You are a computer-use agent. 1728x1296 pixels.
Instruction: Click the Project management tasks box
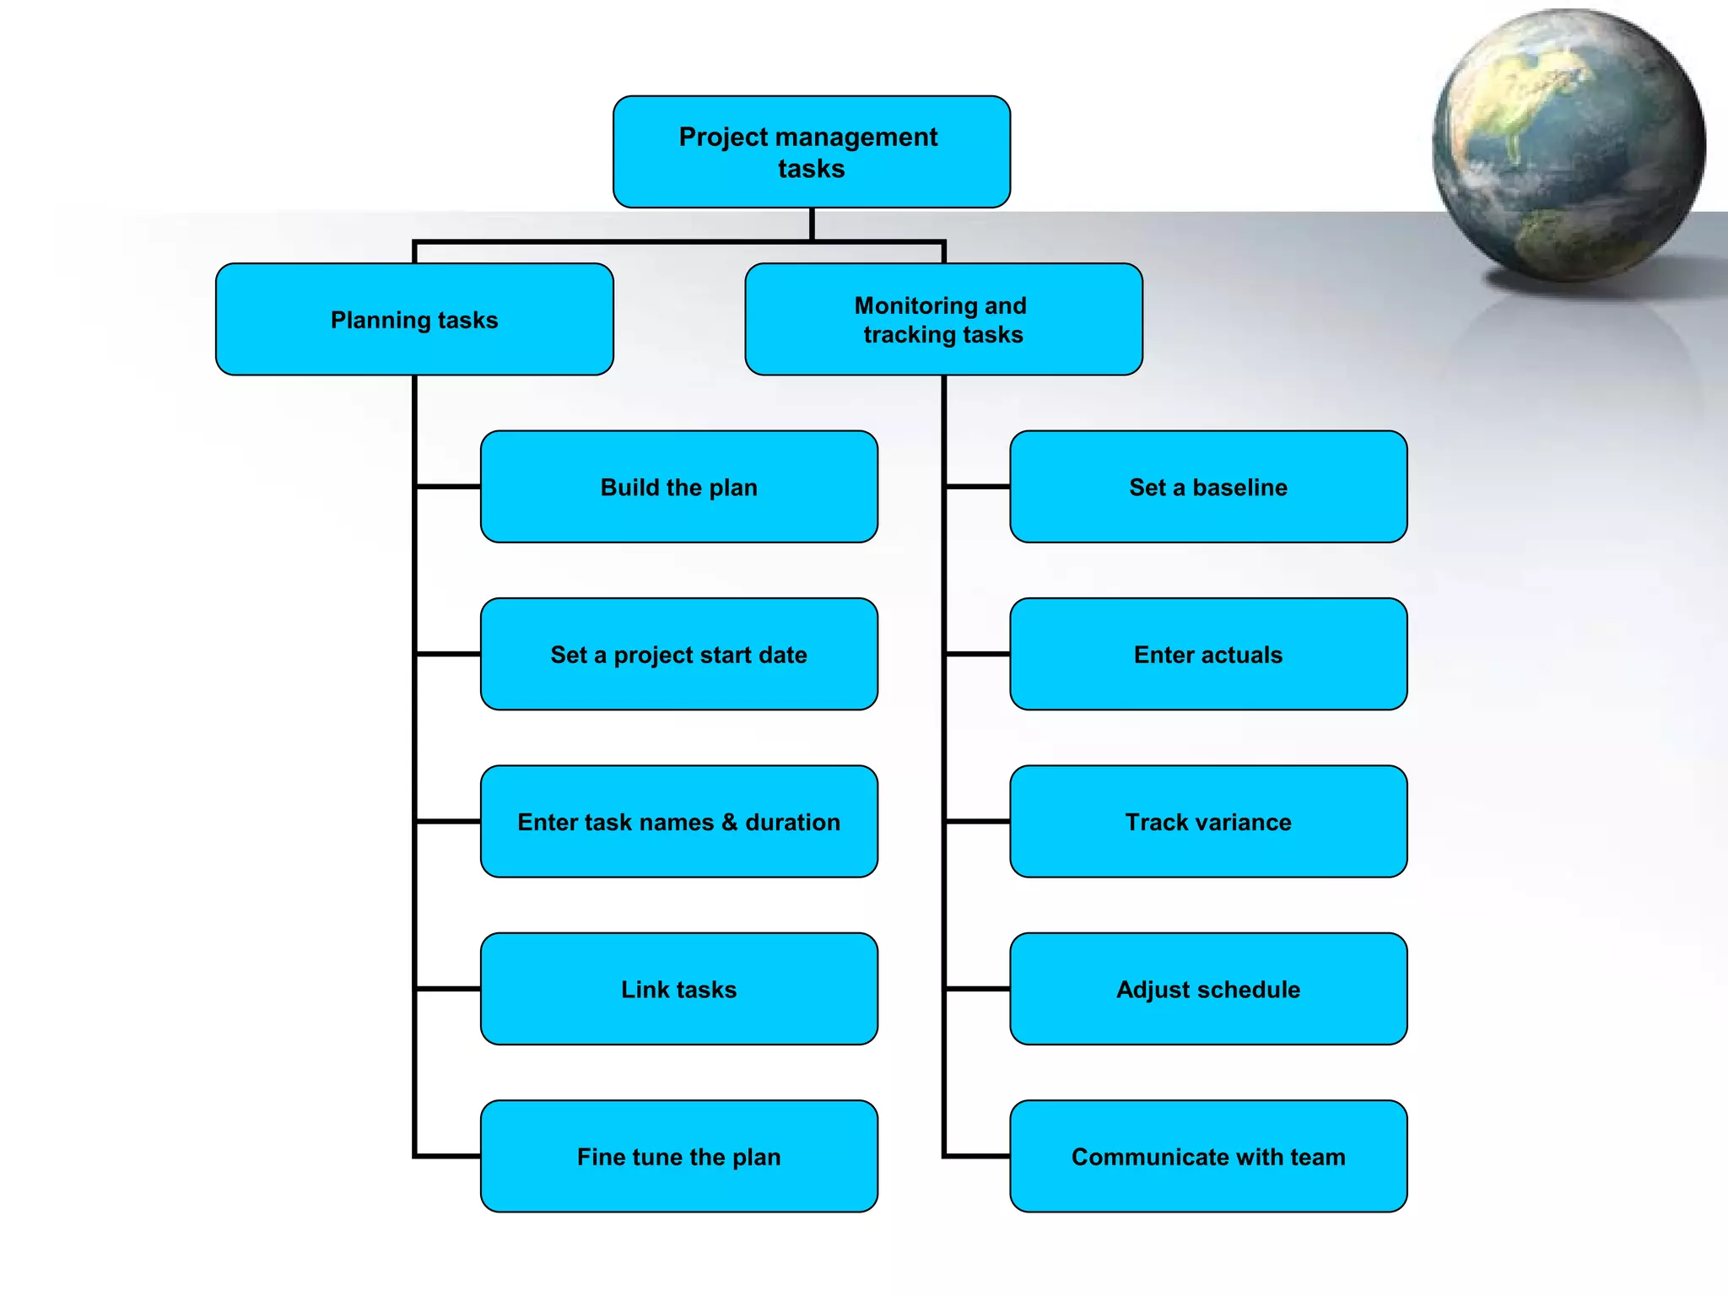tap(811, 152)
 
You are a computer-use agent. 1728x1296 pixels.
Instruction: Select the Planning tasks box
tap(414, 320)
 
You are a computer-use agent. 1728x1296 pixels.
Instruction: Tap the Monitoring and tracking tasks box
tap(943, 320)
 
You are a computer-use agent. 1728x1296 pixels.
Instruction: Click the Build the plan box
tap(678, 487)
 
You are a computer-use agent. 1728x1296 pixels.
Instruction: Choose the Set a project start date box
tap(678, 654)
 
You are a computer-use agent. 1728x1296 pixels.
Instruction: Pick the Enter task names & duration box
tap(678, 822)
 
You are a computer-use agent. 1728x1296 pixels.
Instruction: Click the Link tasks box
tap(678, 989)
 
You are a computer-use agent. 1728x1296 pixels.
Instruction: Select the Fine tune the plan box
tap(678, 1156)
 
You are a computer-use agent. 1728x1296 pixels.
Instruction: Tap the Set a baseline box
tap(1208, 487)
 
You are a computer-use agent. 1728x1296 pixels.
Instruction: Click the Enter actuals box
tap(1208, 654)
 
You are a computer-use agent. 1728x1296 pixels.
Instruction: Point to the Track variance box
tap(1208, 822)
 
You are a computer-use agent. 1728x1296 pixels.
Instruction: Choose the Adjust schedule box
tap(1208, 989)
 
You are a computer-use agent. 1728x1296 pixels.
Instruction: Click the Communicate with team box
tap(1208, 1156)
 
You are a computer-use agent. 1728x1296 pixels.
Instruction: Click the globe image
tap(1568, 145)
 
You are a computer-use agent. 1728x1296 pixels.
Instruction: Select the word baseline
tap(1239, 487)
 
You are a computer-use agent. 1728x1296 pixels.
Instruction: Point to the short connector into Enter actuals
tap(978, 654)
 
